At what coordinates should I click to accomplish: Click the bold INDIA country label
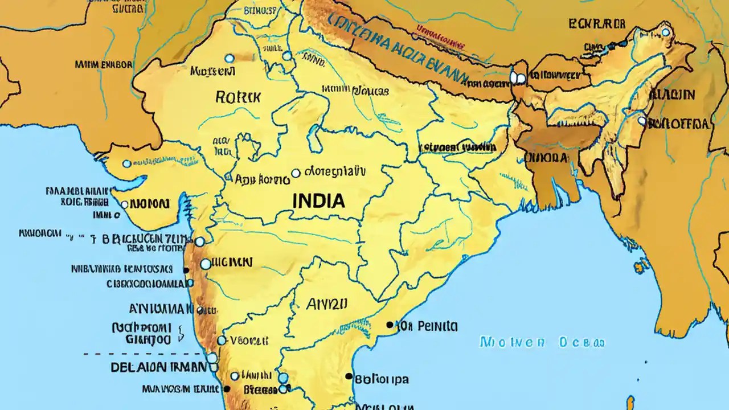[x=318, y=200]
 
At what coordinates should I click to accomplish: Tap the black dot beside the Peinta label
[x=390, y=325]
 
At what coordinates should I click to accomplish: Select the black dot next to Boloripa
[x=349, y=376]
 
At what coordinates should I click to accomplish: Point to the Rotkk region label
[x=238, y=97]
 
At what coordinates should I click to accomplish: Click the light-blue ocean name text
[x=542, y=342]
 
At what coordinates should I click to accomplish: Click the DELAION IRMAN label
[x=159, y=367]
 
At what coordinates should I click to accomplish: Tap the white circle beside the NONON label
[x=124, y=204]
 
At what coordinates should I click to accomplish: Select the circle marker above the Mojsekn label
[x=229, y=58]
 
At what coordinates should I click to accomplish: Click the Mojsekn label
[x=212, y=72]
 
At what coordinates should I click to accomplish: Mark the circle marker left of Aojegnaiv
[x=295, y=173]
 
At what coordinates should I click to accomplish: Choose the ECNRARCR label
[x=597, y=24]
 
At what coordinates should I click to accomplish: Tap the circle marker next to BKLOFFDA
[x=642, y=121]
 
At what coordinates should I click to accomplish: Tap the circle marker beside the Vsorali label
[x=222, y=341]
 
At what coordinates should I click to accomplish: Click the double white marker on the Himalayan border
[x=518, y=77]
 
